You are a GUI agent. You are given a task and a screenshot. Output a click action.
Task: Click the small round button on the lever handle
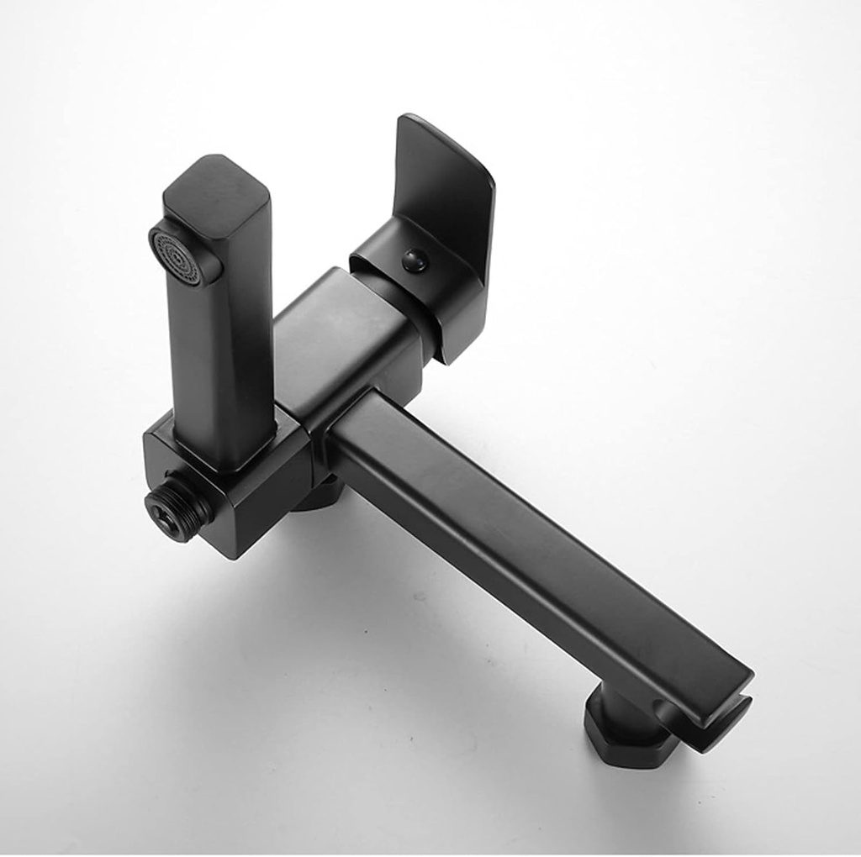415,260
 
